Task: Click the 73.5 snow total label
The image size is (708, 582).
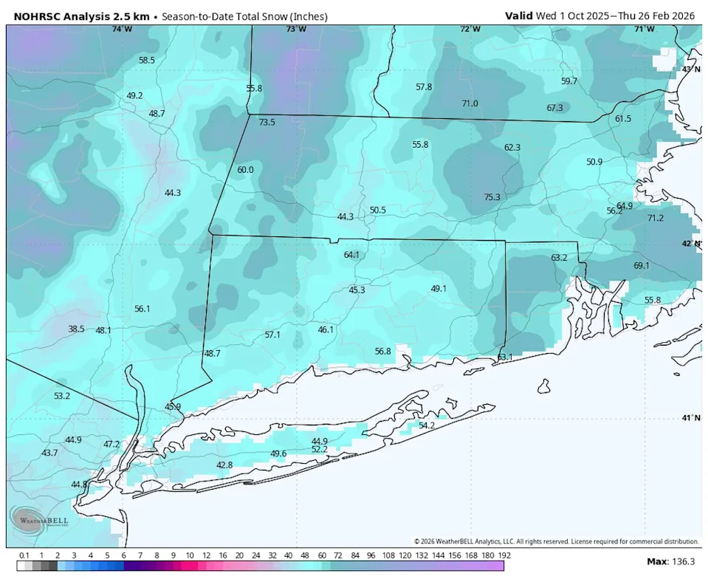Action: tap(267, 123)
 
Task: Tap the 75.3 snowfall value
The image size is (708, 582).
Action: tap(492, 197)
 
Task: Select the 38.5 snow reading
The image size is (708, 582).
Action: tap(76, 329)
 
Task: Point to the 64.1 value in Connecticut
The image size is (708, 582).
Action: tap(351, 255)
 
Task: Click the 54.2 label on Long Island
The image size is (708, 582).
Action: tap(427, 425)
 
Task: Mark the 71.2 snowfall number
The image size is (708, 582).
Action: tap(655, 219)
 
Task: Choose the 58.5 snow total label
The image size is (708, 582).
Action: tap(147, 60)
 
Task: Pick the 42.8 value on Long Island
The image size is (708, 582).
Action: tap(224, 465)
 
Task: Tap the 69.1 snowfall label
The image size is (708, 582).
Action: tap(641, 266)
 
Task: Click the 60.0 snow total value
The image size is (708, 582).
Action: tap(245, 170)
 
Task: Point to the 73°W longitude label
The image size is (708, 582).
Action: tap(295, 29)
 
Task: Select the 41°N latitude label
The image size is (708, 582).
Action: tap(690, 418)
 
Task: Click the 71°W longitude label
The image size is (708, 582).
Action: tap(645, 29)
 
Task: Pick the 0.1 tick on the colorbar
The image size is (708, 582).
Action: tap(24, 555)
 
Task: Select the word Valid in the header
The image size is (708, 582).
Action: tap(520, 16)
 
